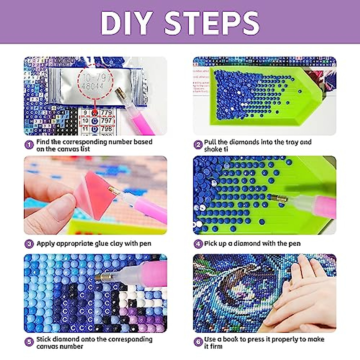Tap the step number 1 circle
(29, 145)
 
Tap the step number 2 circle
(198, 145)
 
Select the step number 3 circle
(29, 244)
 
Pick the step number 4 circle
(198, 244)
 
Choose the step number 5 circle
(29, 342)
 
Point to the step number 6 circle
(198, 342)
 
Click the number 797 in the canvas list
(106, 121)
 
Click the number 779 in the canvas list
(106, 113)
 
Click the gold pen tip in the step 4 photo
(279, 198)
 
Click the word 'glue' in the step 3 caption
(101, 244)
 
